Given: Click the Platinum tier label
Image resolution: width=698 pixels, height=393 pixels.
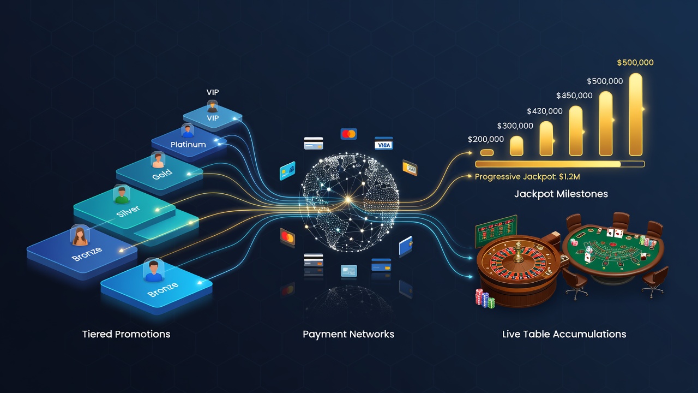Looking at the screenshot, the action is click(x=188, y=145).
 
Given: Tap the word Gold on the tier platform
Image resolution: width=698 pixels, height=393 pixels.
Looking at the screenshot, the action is click(x=162, y=175).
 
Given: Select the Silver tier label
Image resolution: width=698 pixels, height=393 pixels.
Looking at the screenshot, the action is click(x=128, y=211).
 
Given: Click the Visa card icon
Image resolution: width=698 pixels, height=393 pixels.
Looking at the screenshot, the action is click(x=383, y=144).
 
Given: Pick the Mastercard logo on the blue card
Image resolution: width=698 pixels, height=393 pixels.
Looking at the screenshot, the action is click(x=348, y=134).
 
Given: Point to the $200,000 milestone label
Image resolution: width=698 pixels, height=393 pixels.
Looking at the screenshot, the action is click(x=486, y=139).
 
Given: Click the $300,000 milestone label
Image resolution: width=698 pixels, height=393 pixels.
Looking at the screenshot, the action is click(x=515, y=126).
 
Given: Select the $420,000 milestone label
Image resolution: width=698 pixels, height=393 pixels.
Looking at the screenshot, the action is click(x=545, y=111).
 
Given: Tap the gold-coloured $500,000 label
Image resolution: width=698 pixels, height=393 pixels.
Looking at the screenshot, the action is click(x=635, y=62).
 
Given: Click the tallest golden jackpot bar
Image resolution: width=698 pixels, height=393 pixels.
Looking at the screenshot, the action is click(x=636, y=115).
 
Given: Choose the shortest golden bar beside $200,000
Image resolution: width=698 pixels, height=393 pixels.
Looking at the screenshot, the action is click(x=487, y=152).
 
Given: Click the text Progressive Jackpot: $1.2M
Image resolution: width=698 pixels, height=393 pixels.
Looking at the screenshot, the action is click(x=527, y=177).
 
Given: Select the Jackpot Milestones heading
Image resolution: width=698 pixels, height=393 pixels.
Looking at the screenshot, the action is click(x=561, y=194).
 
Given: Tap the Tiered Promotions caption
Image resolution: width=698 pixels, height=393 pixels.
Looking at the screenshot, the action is click(x=126, y=335).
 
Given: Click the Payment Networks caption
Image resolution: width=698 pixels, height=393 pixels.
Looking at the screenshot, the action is click(x=348, y=335).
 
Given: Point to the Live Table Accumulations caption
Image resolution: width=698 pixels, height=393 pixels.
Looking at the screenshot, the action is click(x=564, y=335).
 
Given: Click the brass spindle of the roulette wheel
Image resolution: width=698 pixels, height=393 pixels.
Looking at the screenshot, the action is click(x=518, y=252).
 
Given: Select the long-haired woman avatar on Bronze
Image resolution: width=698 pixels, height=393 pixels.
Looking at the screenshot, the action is click(x=80, y=236).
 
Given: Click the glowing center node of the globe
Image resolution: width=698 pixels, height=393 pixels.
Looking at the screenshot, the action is click(x=348, y=199).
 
